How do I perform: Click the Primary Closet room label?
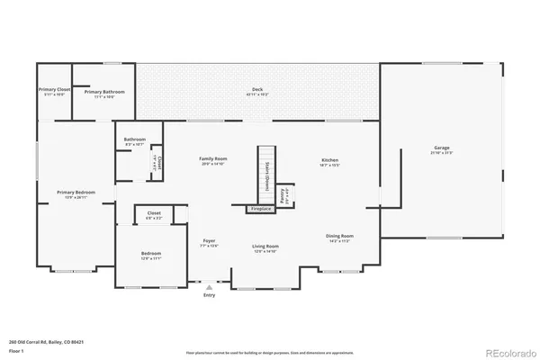(54, 90)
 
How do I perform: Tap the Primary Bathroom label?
(104, 92)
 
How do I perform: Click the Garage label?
(442, 148)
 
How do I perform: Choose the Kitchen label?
(328, 158)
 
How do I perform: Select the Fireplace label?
(260, 209)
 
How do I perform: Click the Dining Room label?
(339, 236)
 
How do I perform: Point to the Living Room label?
(265, 246)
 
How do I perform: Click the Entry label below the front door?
(209, 294)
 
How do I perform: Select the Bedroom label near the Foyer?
(150, 254)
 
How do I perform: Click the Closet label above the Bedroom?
(155, 213)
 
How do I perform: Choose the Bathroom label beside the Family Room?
(135, 139)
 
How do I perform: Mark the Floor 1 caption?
(15, 351)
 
